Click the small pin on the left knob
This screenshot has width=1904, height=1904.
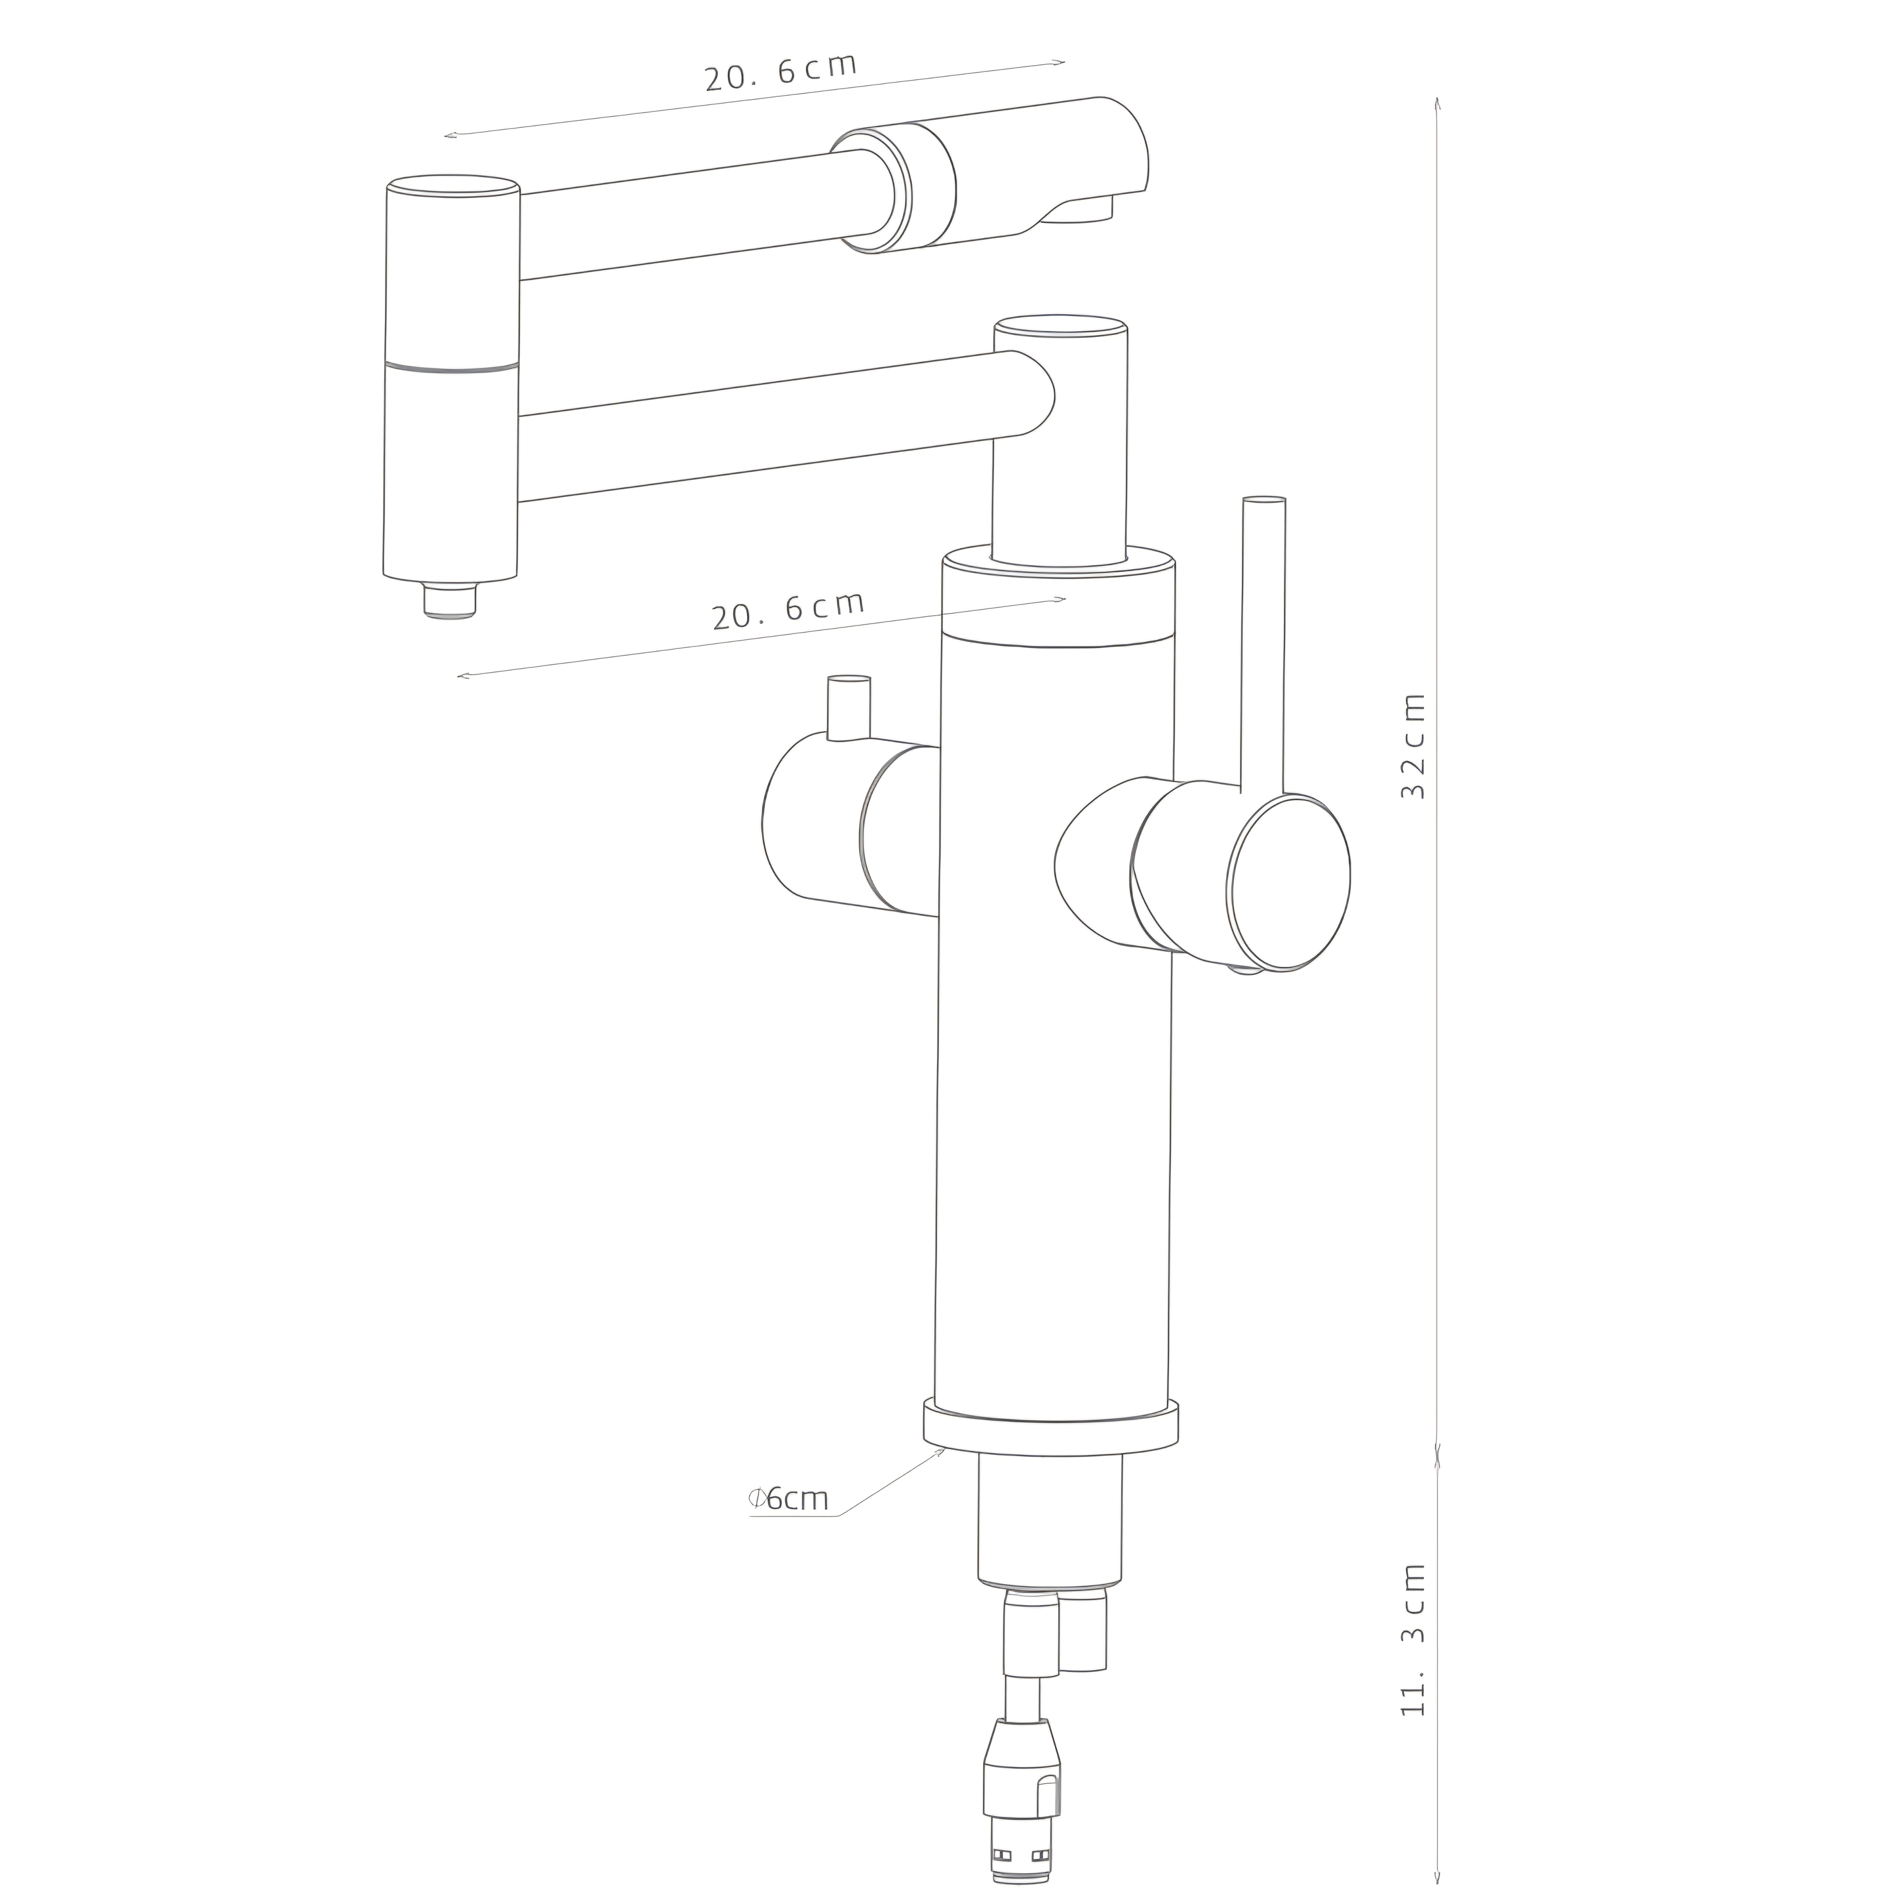[849, 708]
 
